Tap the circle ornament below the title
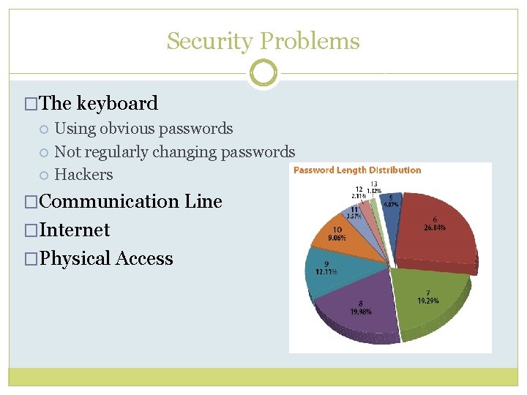(x=263, y=73)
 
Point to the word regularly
(x=120, y=152)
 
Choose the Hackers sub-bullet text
(x=83, y=175)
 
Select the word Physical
(x=72, y=258)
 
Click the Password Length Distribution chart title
(x=357, y=170)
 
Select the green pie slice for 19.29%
(x=428, y=296)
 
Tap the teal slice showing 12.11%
(x=325, y=270)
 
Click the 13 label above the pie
(x=374, y=184)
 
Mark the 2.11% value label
(x=359, y=196)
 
